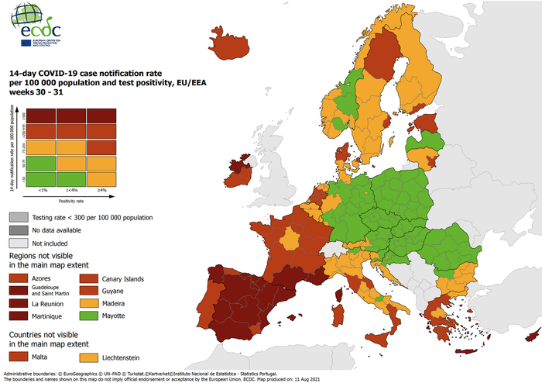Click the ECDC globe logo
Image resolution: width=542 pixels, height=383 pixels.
[x=26, y=19]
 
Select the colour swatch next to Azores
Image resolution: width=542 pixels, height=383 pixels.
[x=19, y=278]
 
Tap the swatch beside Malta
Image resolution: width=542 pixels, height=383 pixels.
[x=19, y=357]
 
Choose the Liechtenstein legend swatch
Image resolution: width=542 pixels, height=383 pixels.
[x=89, y=357]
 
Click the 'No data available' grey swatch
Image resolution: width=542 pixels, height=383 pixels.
[x=19, y=229]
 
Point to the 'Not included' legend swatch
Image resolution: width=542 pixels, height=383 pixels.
[x=19, y=242]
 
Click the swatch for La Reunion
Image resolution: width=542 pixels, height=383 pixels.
[x=19, y=303]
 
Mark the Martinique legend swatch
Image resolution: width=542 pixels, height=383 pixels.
[x=19, y=316]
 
